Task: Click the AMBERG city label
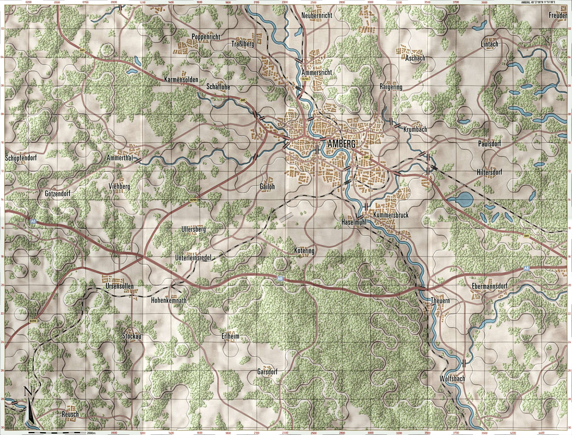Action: point(341,144)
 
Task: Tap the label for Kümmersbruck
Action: point(391,215)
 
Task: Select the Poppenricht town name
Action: point(206,37)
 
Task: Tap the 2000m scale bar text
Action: point(91,433)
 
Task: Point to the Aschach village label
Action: point(415,58)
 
